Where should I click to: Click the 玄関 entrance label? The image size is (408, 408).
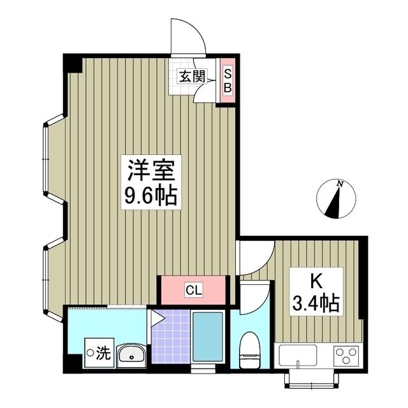(191, 77)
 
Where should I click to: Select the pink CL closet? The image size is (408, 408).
(193, 290)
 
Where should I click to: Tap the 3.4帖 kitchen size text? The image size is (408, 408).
(316, 302)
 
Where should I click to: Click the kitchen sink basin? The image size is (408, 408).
(296, 354)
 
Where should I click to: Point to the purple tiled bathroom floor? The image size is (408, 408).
(170, 338)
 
